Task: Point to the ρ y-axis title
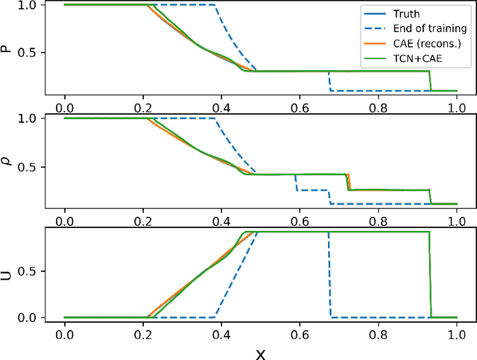click(10, 160)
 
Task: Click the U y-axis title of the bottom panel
click(10, 274)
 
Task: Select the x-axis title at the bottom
click(260, 350)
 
